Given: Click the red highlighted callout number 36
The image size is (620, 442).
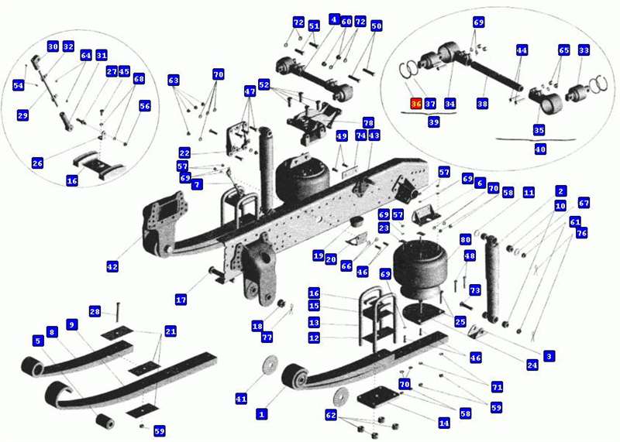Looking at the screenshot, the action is click(416, 104).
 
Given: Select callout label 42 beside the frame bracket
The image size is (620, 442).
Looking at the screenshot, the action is click(112, 266).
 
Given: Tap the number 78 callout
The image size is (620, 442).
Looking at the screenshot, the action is click(368, 122).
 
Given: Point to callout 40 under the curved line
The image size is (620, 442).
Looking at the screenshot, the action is click(540, 149).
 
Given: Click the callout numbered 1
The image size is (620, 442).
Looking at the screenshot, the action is click(261, 414).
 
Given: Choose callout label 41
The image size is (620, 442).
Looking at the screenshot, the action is click(241, 399).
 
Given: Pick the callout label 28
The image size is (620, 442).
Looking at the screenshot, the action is click(95, 312).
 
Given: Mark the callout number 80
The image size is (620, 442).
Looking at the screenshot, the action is click(466, 239).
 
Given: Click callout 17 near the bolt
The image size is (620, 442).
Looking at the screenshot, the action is click(181, 300).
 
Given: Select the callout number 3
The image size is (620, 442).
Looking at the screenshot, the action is click(549, 356).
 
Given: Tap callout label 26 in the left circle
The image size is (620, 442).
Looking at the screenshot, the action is click(37, 163).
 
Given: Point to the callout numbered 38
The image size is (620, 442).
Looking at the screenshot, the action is click(482, 104).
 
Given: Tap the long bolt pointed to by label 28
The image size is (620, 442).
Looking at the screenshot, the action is click(118, 312).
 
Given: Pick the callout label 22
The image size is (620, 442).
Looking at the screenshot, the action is click(184, 152).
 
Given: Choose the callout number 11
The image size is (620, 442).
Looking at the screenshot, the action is click(529, 193).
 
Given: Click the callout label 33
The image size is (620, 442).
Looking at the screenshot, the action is click(584, 50).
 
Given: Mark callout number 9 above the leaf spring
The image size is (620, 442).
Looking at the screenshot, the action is click(71, 324).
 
